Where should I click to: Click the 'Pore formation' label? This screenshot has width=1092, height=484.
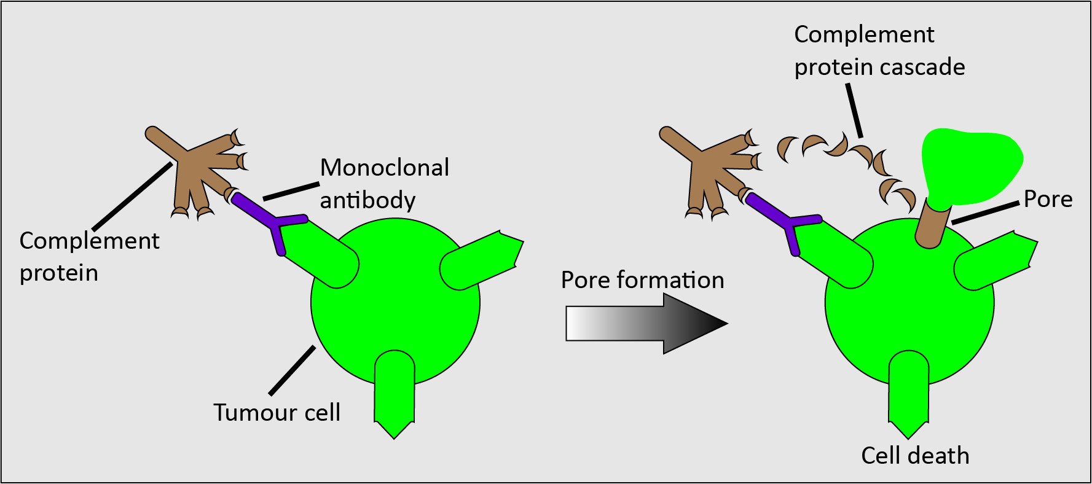click(x=642, y=280)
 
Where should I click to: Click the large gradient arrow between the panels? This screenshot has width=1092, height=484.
click(x=645, y=324)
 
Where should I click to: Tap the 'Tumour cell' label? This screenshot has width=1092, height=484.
click(x=277, y=412)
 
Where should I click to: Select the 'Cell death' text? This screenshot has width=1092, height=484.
click(x=915, y=456)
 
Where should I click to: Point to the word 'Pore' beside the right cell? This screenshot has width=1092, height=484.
click(x=1048, y=199)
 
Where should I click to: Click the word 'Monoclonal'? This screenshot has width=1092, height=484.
click(x=385, y=168)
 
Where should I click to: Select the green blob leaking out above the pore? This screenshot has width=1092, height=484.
click(x=971, y=166)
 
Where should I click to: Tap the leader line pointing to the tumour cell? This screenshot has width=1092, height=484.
click(x=292, y=370)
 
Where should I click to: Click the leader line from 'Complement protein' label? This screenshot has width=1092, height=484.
click(x=132, y=195)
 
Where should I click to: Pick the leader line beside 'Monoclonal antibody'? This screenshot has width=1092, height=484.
click(x=291, y=191)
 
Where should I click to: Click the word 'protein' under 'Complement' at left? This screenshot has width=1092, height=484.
click(x=59, y=273)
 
